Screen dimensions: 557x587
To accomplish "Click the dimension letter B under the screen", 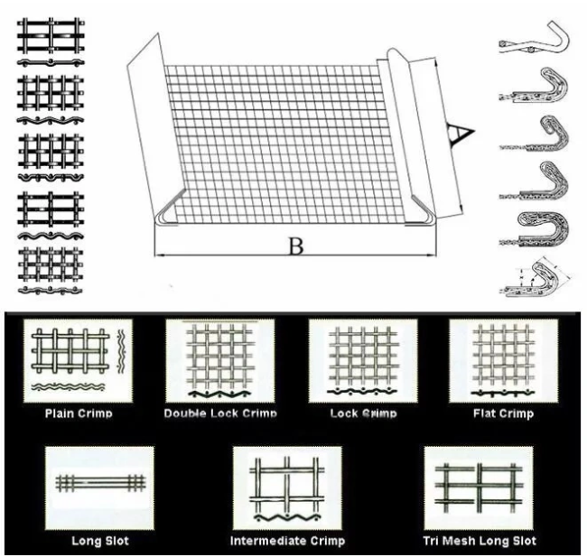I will [293, 246].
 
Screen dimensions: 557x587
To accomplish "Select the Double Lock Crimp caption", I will [219, 413].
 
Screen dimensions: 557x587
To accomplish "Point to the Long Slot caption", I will [99, 542].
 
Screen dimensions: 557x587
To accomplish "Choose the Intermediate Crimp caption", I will [286, 542].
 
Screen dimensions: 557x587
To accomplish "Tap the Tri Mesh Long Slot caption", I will [480, 542].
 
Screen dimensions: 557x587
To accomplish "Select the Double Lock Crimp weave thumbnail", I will [219, 360].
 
